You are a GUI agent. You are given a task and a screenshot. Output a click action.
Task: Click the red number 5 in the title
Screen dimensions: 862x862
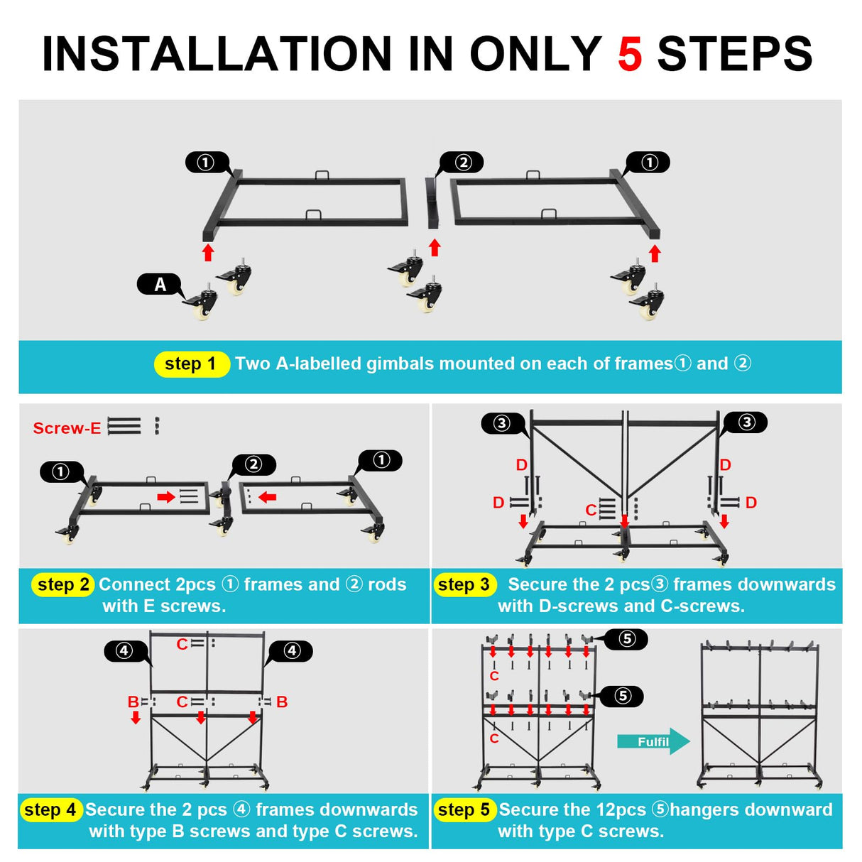click(630, 54)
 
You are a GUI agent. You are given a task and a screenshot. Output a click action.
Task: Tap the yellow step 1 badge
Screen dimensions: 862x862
click(191, 364)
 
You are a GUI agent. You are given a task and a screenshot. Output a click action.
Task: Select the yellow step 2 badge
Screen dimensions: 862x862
click(63, 585)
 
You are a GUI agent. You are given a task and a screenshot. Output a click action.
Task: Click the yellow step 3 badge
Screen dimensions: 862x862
click(464, 585)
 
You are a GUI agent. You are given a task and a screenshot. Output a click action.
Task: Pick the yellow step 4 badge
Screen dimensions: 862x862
click(50, 810)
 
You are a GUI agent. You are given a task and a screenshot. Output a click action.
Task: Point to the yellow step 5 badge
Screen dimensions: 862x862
click(464, 810)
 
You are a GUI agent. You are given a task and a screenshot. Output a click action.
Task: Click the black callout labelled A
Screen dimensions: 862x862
click(160, 285)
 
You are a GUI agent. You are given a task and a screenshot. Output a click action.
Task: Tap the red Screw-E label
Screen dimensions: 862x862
click(67, 428)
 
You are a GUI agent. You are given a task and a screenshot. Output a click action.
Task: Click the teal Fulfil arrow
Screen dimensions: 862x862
click(653, 741)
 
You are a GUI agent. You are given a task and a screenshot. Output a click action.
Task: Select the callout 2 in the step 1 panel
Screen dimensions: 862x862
click(463, 163)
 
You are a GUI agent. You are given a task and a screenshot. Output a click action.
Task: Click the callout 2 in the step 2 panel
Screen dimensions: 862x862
click(253, 464)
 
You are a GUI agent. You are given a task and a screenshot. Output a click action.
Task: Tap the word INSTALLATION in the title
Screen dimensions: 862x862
click(216, 54)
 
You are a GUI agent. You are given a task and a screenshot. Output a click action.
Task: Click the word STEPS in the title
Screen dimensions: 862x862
click(734, 54)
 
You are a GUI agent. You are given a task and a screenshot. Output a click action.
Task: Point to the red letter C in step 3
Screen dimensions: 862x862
click(591, 510)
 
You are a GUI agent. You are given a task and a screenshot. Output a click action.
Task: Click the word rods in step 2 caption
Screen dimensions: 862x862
click(387, 584)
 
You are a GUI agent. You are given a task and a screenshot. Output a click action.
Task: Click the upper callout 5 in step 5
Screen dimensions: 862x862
click(626, 639)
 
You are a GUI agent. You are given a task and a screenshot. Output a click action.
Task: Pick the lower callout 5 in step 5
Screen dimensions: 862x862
click(623, 696)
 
